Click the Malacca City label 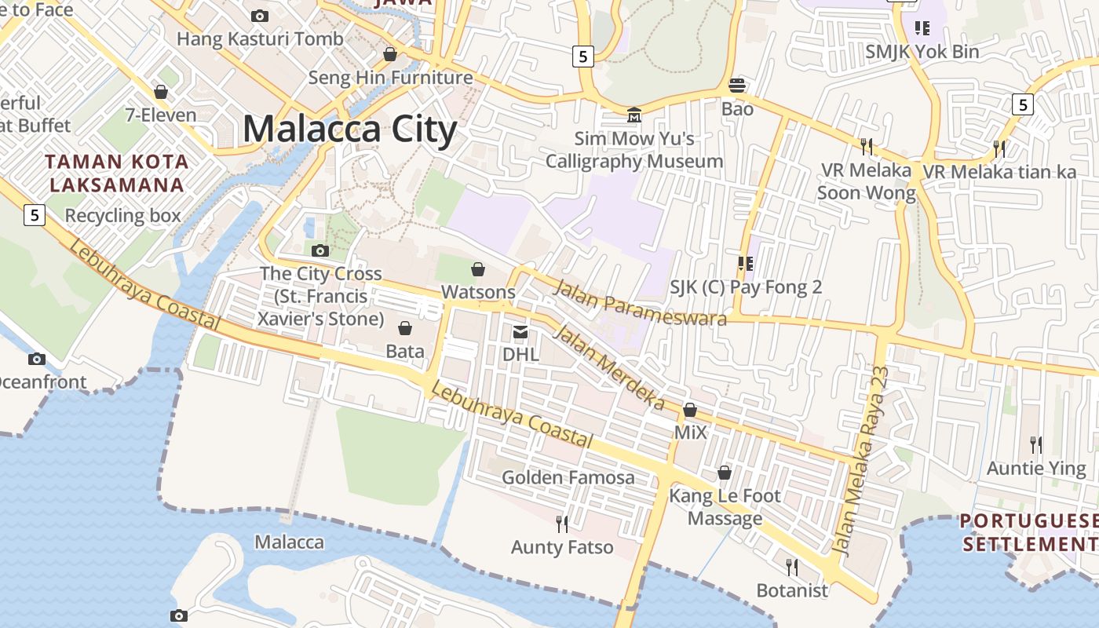pyautogui.click(x=349, y=130)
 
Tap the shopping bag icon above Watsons pyautogui.click(x=478, y=270)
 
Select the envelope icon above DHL pyautogui.click(x=520, y=332)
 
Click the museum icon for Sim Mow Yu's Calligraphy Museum pyautogui.click(x=633, y=116)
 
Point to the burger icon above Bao pyautogui.click(x=737, y=86)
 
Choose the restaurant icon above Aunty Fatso pyautogui.click(x=562, y=524)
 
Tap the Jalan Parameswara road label pyautogui.click(x=640, y=302)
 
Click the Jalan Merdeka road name pyautogui.click(x=609, y=367)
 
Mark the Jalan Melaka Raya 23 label pyautogui.click(x=861, y=461)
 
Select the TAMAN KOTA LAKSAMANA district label pyautogui.click(x=116, y=173)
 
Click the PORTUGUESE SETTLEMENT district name pyautogui.click(x=1028, y=532)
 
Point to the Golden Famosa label pyautogui.click(x=568, y=477)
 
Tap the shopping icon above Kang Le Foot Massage pyautogui.click(x=725, y=473)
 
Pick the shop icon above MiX pyautogui.click(x=690, y=410)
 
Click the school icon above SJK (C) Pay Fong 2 pyautogui.click(x=745, y=264)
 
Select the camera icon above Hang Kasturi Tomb pyautogui.click(x=259, y=16)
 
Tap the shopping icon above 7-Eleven pyautogui.click(x=161, y=92)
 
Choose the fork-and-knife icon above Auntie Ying pyautogui.click(x=1036, y=445)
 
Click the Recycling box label pyautogui.click(x=122, y=215)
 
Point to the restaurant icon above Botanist pyautogui.click(x=792, y=567)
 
